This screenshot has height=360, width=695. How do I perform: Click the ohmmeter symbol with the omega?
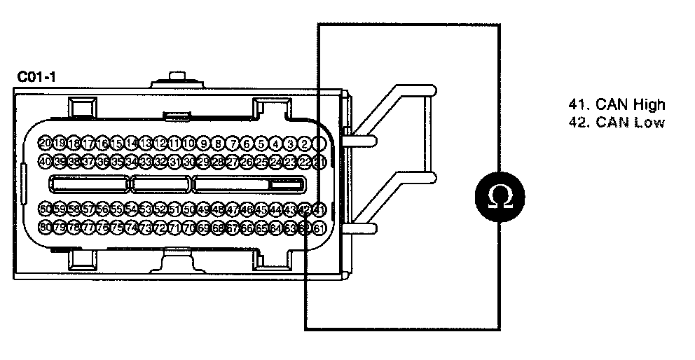click(x=499, y=199)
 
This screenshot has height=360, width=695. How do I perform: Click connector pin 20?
click(x=46, y=144)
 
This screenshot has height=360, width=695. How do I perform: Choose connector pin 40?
click(x=46, y=162)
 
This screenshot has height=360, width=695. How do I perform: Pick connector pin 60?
click(x=46, y=209)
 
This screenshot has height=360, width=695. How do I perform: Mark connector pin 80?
click(x=46, y=227)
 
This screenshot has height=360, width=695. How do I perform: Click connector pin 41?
click(x=319, y=209)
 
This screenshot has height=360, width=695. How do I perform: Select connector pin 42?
click(x=305, y=209)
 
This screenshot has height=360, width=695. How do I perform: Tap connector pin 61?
click(x=319, y=227)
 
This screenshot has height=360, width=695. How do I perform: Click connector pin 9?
click(x=204, y=144)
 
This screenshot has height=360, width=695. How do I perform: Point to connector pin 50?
click(x=190, y=209)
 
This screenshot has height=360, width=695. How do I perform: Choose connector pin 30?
click(x=190, y=162)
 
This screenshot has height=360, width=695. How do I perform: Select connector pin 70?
click(x=190, y=227)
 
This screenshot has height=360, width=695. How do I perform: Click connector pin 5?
click(x=261, y=144)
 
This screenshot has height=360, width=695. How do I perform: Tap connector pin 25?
click(x=261, y=162)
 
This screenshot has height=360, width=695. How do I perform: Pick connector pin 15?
click(x=118, y=144)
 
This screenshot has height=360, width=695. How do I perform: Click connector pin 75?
click(x=118, y=227)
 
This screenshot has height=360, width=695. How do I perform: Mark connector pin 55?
click(x=118, y=209)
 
